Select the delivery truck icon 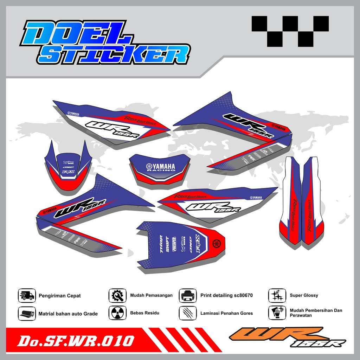click(27, 296)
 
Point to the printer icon click(188, 296)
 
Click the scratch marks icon click(188, 313)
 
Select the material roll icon click(27, 313)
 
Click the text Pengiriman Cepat click(59, 296)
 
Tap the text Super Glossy click(304, 295)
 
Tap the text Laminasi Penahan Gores click(226, 313)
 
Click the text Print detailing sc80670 click(226, 295)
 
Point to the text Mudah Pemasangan click(151, 295)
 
